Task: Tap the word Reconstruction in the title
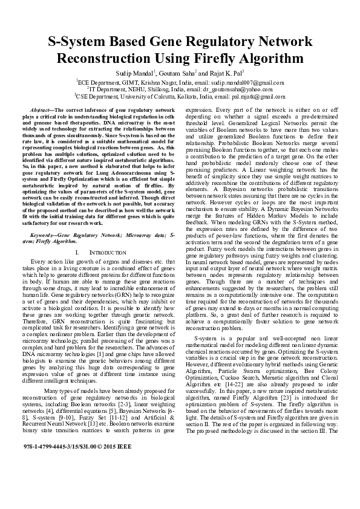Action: (106, 60)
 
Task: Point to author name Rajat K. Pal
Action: (222, 73)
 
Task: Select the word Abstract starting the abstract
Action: (41, 110)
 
